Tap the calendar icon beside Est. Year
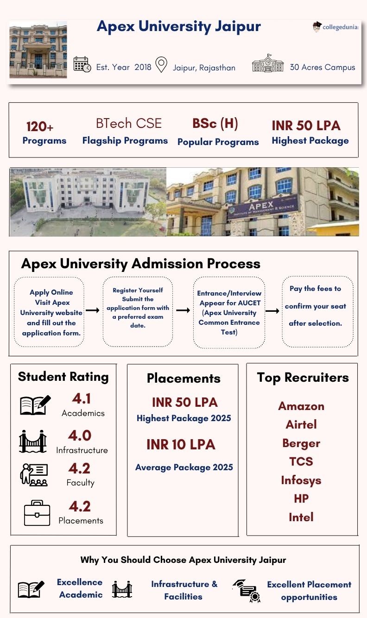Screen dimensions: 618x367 pyautogui.click(x=82, y=64)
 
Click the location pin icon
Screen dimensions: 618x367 pyautogui.click(x=161, y=65)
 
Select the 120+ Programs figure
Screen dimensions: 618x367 pyautogui.click(x=40, y=126)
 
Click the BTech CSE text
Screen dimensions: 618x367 pyautogui.click(x=129, y=124)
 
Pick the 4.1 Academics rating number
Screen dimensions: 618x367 pyautogui.click(x=82, y=398)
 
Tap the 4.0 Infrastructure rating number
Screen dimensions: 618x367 pyautogui.click(x=80, y=435)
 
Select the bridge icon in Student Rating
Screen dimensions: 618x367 pyautogui.click(x=33, y=441)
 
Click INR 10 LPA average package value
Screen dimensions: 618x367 pyautogui.click(x=181, y=445)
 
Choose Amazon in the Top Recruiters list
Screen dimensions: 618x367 pyautogui.click(x=301, y=406)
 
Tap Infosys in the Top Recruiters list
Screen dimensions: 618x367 pyautogui.click(x=301, y=480)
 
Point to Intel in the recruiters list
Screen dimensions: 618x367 pyautogui.click(x=301, y=517)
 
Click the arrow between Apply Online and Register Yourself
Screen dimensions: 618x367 pyautogui.click(x=93, y=310)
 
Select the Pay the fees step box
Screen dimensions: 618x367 pyautogui.click(x=317, y=311)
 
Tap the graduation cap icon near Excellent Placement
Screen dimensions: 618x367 pyautogui.click(x=246, y=590)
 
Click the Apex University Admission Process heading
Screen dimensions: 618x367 pyautogui.click(x=141, y=264)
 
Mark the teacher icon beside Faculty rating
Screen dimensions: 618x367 pyautogui.click(x=34, y=475)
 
